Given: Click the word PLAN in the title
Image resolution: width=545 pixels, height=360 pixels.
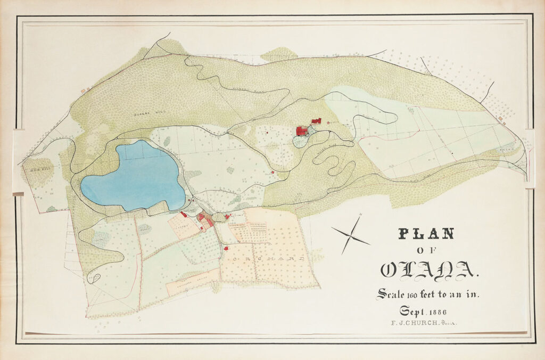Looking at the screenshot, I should (426, 233).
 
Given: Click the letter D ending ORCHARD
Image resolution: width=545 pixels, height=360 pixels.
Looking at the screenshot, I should (301, 259).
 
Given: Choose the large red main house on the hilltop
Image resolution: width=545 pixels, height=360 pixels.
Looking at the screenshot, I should (302, 130).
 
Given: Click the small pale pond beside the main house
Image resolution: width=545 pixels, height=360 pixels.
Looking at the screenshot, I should (301, 142).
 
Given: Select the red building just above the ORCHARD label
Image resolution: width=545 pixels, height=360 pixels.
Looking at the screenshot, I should (226, 248).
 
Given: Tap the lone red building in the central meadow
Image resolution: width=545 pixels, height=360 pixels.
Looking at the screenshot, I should (272, 172).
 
